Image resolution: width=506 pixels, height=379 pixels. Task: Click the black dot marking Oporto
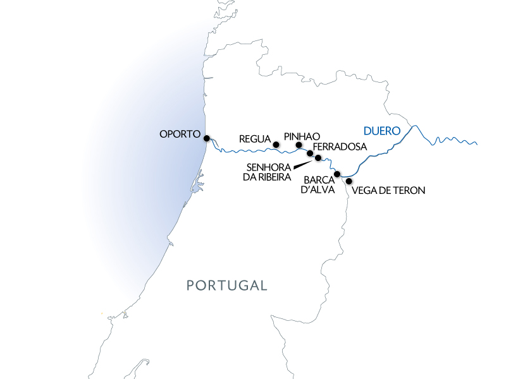click(x=207, y=137)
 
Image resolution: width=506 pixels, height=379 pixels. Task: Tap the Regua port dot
click(x=276, y=145)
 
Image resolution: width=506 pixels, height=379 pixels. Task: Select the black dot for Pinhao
click(x=299, y=146)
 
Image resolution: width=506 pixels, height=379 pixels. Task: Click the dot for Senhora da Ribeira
click(x=318, y=157)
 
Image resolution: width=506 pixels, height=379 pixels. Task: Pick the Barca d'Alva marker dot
click(x=337, y=174)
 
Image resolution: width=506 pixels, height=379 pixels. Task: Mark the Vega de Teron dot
click(x=349, y=181)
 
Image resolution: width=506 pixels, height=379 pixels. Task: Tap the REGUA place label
click(x=256, y=138)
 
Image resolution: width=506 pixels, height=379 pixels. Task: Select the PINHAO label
click(x=302, y=136)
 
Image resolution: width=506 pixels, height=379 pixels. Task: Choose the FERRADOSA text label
click(x=340, y=147)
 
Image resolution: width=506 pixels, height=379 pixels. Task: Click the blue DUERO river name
click(x=382, y=131)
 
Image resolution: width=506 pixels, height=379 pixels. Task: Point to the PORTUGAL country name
click(x=227, y=286)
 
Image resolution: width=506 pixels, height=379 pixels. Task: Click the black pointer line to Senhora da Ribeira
click(x=303, y=163)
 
